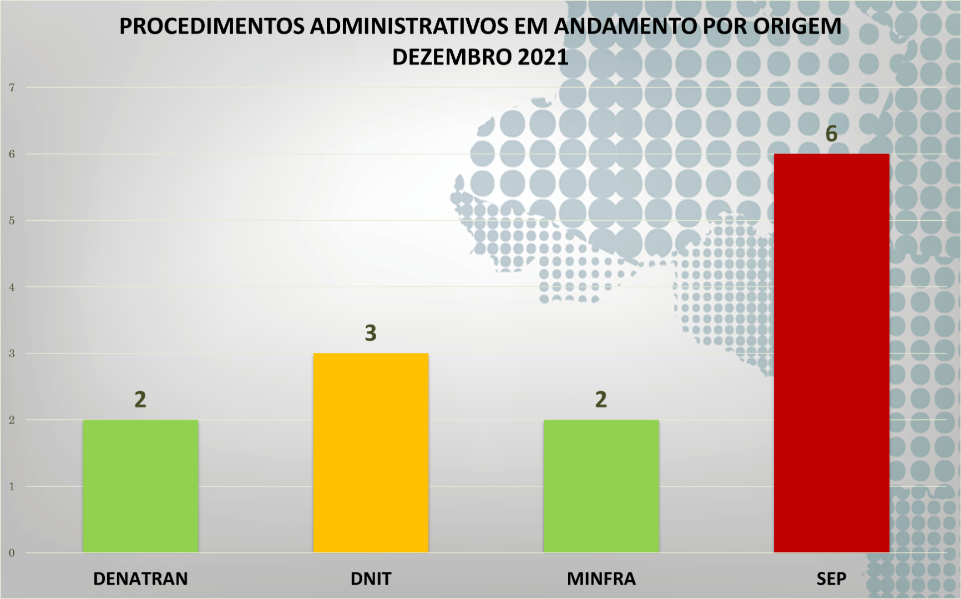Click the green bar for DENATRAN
(140, 486)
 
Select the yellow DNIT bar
(371, 453)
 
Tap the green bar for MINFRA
(601, 486)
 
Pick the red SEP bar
(831, 353)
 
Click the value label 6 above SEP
(831, 134)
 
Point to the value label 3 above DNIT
(371, 333)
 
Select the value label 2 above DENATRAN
(140, 399)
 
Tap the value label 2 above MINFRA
(601, 399)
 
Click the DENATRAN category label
(140, 578)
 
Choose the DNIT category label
(371, 578)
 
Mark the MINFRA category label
(601, 578)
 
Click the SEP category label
(831, 578)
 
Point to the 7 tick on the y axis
(12, 88)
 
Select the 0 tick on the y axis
(12, 553)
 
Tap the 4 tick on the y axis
(12, 287)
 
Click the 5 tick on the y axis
(12, 221)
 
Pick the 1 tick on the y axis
(12, 486)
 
